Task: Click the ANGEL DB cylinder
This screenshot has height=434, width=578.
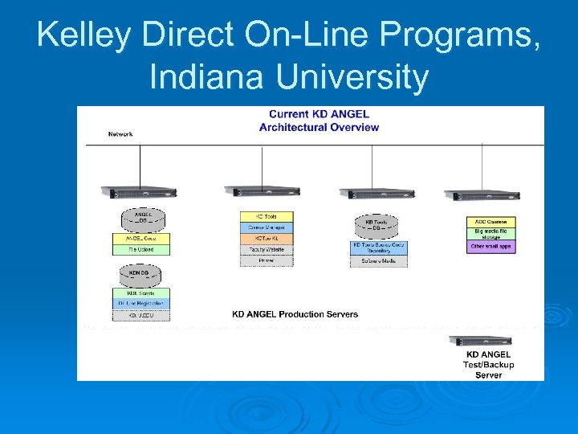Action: point(141,219)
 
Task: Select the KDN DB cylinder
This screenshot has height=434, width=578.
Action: point(140,274)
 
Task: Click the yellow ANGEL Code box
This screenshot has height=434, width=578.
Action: point(141,238)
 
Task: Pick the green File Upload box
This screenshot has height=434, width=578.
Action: point(141,249)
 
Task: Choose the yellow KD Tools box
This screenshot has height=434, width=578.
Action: point(267,217)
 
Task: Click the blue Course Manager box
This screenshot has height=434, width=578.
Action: point(267,228)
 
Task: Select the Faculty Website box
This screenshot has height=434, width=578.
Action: point(267,250)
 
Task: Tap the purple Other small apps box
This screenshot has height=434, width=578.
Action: point(490,247)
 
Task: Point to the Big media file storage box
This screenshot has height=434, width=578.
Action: point(490,233)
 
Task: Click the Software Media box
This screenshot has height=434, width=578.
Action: point(378,261)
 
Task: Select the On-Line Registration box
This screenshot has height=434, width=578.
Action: point(141,303)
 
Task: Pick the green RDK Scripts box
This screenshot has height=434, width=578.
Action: point(141,293)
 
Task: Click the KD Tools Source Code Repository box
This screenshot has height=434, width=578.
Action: point(378,248)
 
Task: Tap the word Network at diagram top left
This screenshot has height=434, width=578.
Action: point(120,133)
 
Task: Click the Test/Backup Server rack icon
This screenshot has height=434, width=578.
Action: point(480,341)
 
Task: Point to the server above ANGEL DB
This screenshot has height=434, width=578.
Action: point(139,191)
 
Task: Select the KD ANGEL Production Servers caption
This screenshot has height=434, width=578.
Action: point(295,313)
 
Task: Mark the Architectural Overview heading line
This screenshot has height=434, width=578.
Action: point(319,127)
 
